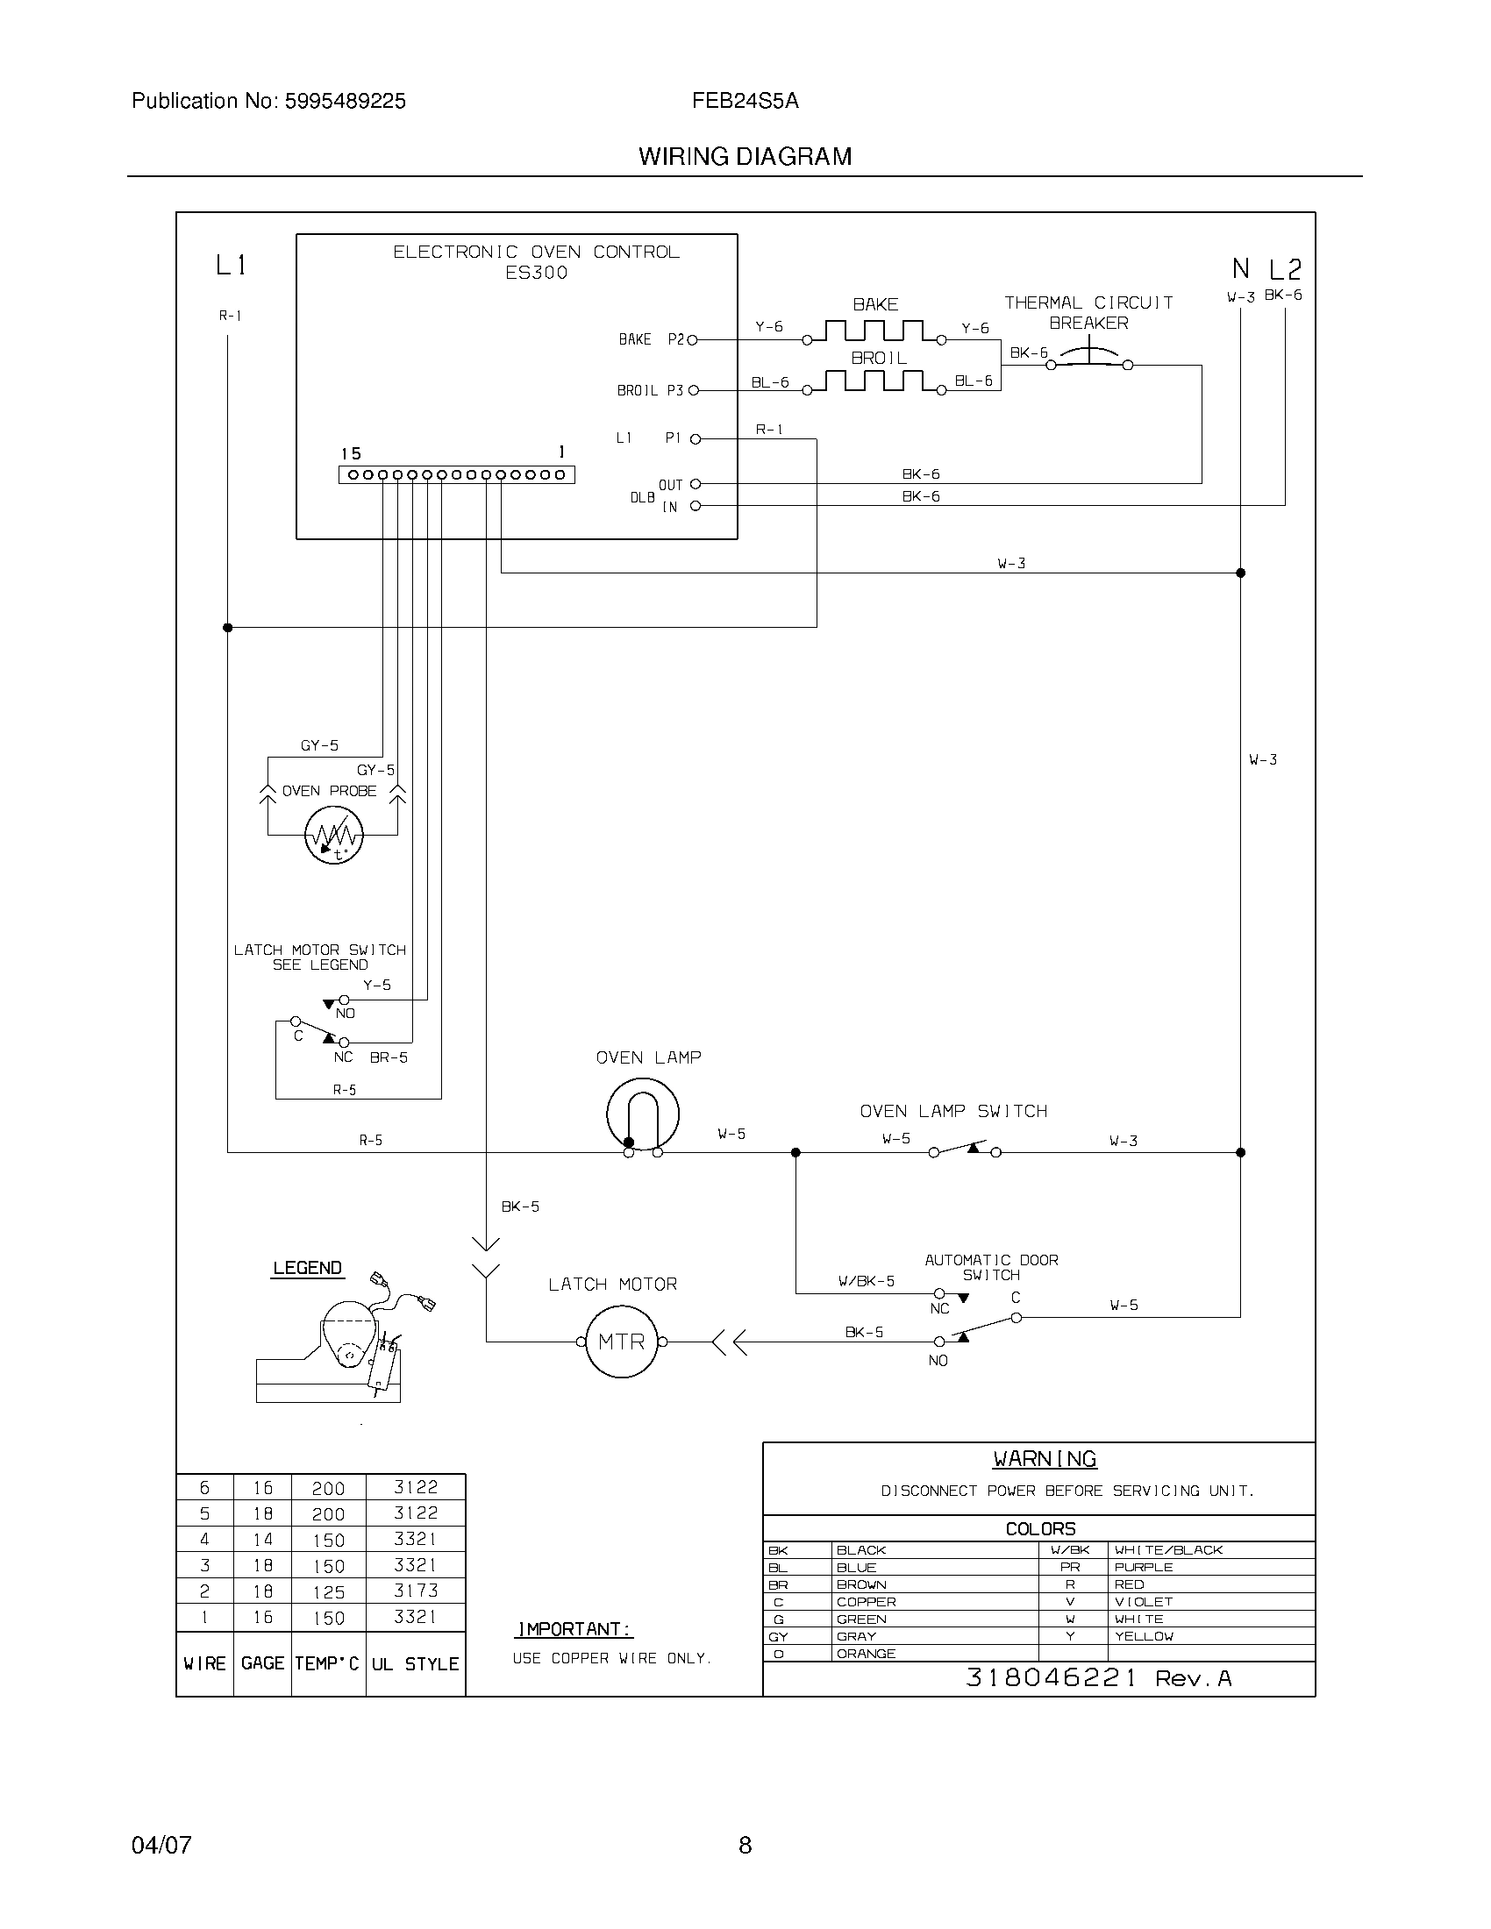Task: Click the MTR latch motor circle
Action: click(x=622, y=1342)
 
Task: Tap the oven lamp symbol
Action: click(x=642, y=1114)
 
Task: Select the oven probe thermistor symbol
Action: click(x=333, y=835)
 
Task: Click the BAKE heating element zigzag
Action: click(x=874, y=332)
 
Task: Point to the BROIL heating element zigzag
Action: click(x=874, y=381)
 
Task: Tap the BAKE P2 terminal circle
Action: click(x=693, y=340)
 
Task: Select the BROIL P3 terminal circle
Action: click(x=693, y=390)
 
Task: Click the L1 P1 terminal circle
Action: click(x=696, y=439)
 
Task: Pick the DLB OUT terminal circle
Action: click(x=696, y=484)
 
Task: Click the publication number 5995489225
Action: click(x=345, y=102)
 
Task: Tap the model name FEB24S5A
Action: click(x=745, y=102)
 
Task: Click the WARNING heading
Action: click(x=1045, y=1459)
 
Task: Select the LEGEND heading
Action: click(x=307, y=1269)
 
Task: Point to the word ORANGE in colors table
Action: click(x=866, y=1654)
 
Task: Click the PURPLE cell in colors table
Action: click(x=1143, y=1567)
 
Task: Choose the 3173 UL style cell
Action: click(x=416, y=1591)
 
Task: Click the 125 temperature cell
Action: click(x=328, y=1592)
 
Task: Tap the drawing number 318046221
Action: click(x=1051, y=1678)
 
